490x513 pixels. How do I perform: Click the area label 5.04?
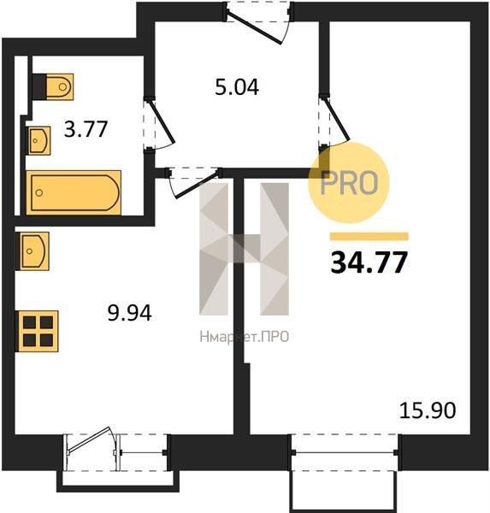coord(237,87)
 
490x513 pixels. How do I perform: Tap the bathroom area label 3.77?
coord(86,129)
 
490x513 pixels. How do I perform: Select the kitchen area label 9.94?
coord(130,313)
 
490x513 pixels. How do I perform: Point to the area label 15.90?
coord(428,410)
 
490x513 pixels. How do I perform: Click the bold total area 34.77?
coord(369,262)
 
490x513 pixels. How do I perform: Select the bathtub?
coord(74,192)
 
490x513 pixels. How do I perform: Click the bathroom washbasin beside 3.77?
coord(39,141)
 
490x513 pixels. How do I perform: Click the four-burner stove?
coord(38,331)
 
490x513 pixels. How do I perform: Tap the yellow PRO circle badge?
coord(349,183)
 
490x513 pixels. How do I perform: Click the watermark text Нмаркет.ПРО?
coord(245,337)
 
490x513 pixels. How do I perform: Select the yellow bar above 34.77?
coord(369,237)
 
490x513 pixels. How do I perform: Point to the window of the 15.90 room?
coord(345,452)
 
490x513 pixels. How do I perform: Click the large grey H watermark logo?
coord(245,249)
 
